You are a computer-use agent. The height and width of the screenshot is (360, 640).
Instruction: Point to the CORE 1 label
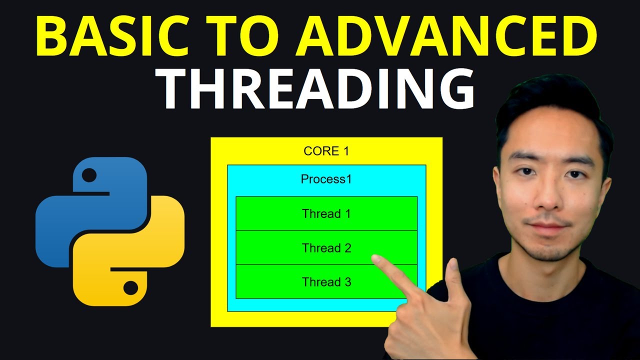tap(326, 151)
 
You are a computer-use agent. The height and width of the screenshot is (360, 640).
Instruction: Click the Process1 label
tap(326, 179)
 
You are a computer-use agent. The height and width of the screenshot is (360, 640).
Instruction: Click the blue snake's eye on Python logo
tap(89, 175)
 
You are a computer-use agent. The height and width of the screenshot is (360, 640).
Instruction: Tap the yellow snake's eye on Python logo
tap(130, 287)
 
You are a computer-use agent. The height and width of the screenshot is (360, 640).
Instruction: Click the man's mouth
tap(548, 226)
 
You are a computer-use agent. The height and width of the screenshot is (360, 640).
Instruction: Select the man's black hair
tap(550, 107)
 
